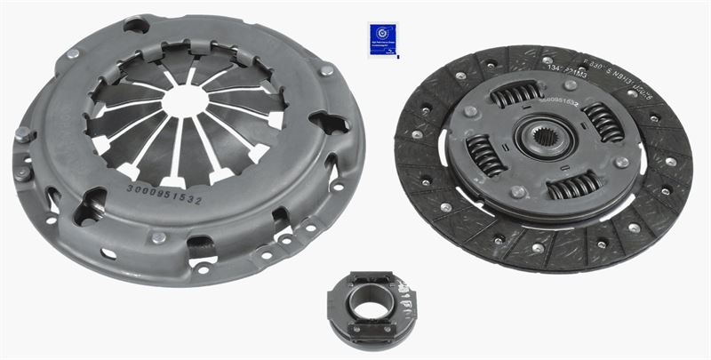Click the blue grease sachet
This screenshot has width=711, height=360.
tap(383, 39)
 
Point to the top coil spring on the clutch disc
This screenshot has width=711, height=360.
tap(516, 93)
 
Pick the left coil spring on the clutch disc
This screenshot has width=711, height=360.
tap(485, 154)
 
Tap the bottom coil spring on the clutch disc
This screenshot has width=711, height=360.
tap(573, 186)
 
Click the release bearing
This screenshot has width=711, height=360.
tap(371, 307)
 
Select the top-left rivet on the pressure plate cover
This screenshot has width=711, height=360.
tap(73, 54)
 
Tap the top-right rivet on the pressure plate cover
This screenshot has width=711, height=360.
tap(327, 69)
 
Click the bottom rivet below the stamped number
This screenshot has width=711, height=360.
tap(158, 237)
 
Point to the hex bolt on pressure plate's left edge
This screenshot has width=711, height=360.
tap(21, 135)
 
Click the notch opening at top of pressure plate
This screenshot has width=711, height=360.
tap(137, 25)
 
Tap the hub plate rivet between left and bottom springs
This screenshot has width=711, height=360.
tap(518, 192)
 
